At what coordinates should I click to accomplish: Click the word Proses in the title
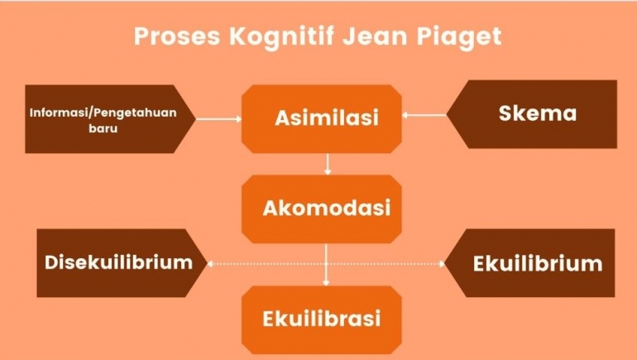177,36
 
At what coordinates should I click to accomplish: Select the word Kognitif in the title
282,37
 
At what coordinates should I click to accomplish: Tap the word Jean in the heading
374,36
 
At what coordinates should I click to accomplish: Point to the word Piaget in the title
458,37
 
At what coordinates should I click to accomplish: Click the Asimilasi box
322,118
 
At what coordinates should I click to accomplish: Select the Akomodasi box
322,209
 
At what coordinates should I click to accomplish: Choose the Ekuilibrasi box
322,319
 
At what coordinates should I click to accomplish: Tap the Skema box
532,114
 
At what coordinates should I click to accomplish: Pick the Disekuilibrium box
122,263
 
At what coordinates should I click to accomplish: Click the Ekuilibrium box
529,263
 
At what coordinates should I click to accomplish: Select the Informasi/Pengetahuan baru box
111,119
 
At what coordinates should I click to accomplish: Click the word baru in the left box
103,129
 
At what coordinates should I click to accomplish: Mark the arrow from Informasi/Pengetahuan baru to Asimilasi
219,119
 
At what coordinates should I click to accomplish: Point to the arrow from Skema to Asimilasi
424,115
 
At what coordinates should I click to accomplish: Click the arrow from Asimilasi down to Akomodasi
328,164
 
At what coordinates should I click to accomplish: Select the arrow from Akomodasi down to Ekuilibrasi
326,265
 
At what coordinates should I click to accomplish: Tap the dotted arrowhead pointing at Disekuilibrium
210,264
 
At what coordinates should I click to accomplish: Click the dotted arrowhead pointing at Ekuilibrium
442,264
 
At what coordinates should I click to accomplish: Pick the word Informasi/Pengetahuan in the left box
103,113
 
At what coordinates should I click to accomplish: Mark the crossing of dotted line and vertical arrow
326,264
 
